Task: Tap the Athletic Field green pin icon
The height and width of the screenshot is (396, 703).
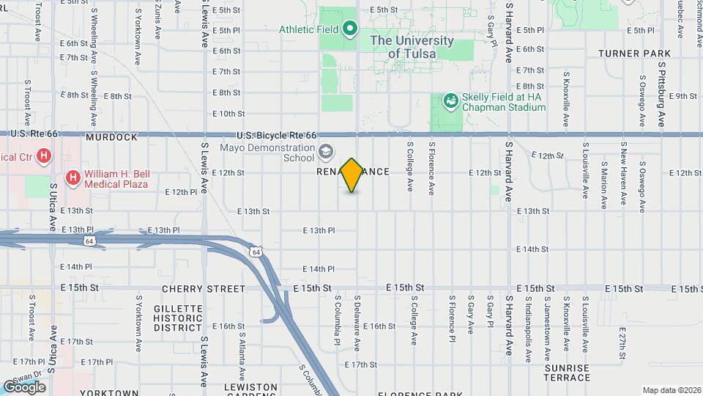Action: click(x=350, y=29)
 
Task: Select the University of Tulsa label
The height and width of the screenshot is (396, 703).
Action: click(x=403, y=47)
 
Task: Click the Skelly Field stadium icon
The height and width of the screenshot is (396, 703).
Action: click(x=452, y=100)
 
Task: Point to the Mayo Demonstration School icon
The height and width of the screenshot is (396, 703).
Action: click(x=324, y=151)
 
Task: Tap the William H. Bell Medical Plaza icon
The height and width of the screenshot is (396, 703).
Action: click(x=73, y=177)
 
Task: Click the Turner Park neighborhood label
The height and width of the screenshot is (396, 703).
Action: click(x=634, y=54)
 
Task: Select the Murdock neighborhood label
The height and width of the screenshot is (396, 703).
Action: click(x=111, y=137)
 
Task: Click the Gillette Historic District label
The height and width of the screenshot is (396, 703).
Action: click(x=179, y=318)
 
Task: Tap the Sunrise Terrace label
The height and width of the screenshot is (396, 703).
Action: click(x=568, y=373)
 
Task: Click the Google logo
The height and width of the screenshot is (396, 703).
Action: click(x=23, y=386)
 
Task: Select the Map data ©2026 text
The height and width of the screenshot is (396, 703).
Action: click(x=671, y=389)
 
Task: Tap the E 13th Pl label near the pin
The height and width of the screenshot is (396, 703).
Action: click(x=319, y=230)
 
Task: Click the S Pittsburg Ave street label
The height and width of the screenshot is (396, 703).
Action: click(x=661, y=94)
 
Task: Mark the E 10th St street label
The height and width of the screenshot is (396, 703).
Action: click(x=228, y=114)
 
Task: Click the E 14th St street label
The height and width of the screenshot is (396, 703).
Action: click(x=532, y=249)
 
